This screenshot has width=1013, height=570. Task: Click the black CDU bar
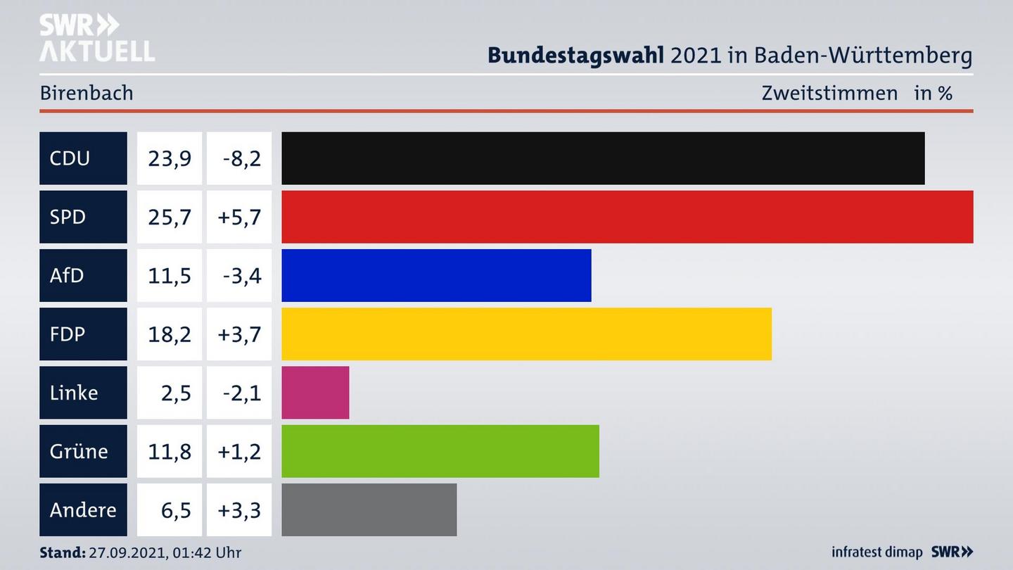(x=603, y=158)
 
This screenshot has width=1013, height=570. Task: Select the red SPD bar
(x=627, y=217)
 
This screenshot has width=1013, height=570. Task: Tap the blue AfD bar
(x=436, y=275)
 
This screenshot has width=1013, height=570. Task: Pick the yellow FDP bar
(x=526, y=334)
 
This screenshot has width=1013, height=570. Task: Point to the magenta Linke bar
(x=315, y=393)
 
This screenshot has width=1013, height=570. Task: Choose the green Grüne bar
(x=440, y=451)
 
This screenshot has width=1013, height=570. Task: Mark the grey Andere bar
(x=369, y=509)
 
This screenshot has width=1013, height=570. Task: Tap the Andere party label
(x=83, y=509)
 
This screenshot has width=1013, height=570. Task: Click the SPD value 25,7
(x=169, y=217)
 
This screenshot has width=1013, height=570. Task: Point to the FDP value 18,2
(x=169, y=334)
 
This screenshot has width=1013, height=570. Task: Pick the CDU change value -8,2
(x=241, y=158)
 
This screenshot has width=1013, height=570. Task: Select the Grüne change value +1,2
(x=239, y=451)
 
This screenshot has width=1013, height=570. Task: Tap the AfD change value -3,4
(x=241, y=275)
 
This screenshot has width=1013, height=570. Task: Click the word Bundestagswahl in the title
(x=575, y=55)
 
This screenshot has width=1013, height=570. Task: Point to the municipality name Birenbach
(x=87, y=93)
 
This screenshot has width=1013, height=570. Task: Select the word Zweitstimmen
(x=829, y=93)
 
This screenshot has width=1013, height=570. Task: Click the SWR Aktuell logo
(x=96, y=39)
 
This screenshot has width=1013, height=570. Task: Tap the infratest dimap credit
(x=877, y=552)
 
